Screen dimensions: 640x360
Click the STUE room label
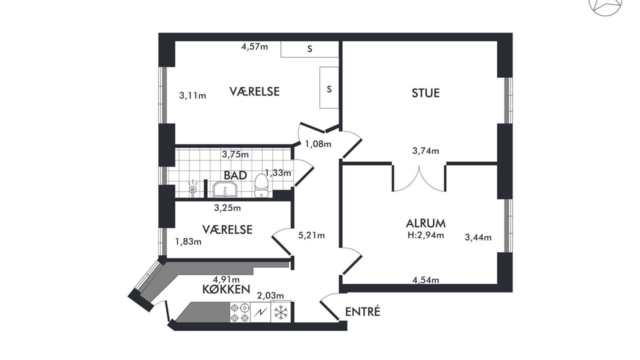tap(425, 93)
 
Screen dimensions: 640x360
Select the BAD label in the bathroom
tap(235, 175)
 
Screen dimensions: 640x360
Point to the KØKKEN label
tap(226, 289)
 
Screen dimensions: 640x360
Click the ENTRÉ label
tap(362, 311)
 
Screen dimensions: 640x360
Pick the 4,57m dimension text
tap(254, 46)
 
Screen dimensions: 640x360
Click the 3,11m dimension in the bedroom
tap(192, 95)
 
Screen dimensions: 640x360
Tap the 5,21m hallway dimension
tap(311, 235)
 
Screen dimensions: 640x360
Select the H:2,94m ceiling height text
tap(425, 235)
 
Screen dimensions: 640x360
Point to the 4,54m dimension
tap(425, 280)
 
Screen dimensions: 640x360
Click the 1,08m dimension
tap(318, 144)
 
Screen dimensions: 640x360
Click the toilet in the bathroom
tap(261, 185)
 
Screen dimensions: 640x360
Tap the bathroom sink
tap(225, 189)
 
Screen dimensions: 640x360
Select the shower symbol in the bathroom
tap(193, 188)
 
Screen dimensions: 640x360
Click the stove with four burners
tap(240, 312)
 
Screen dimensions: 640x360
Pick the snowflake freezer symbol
tap(281, 312)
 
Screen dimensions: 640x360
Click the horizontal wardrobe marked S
tap(309, 49)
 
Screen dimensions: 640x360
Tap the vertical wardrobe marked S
tap(329, 87)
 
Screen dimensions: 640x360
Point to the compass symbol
tap(605, 5)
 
